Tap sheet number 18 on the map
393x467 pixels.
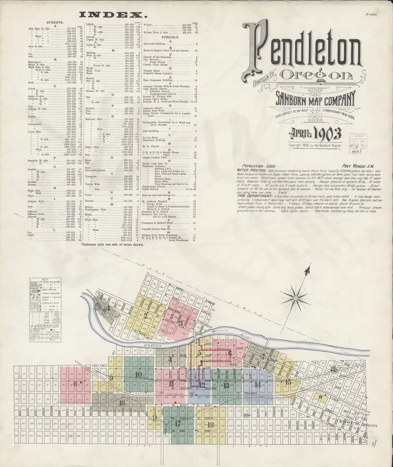coord(211,425)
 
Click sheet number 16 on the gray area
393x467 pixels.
coord(122,403)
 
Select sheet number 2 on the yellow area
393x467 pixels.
coord(146,316)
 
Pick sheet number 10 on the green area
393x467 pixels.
coord(139,375)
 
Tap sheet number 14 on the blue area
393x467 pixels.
coord(258,385)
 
